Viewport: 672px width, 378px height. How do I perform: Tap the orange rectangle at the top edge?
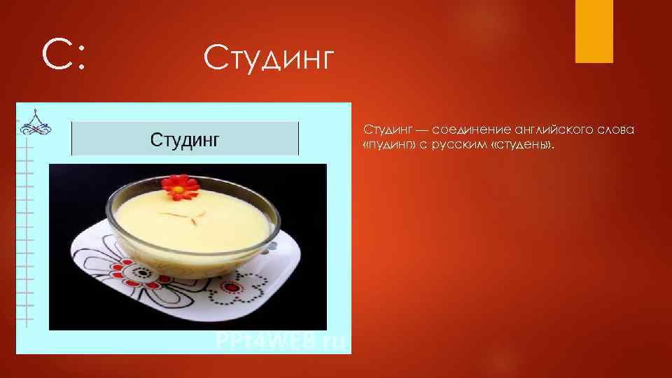click(x=594, y=31)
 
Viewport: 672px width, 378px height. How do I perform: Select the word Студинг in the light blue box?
click(x=185, y=138)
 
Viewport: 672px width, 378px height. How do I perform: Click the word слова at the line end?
click(x=617, y=130)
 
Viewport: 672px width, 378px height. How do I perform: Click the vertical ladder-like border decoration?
click(x=27, y=231)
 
